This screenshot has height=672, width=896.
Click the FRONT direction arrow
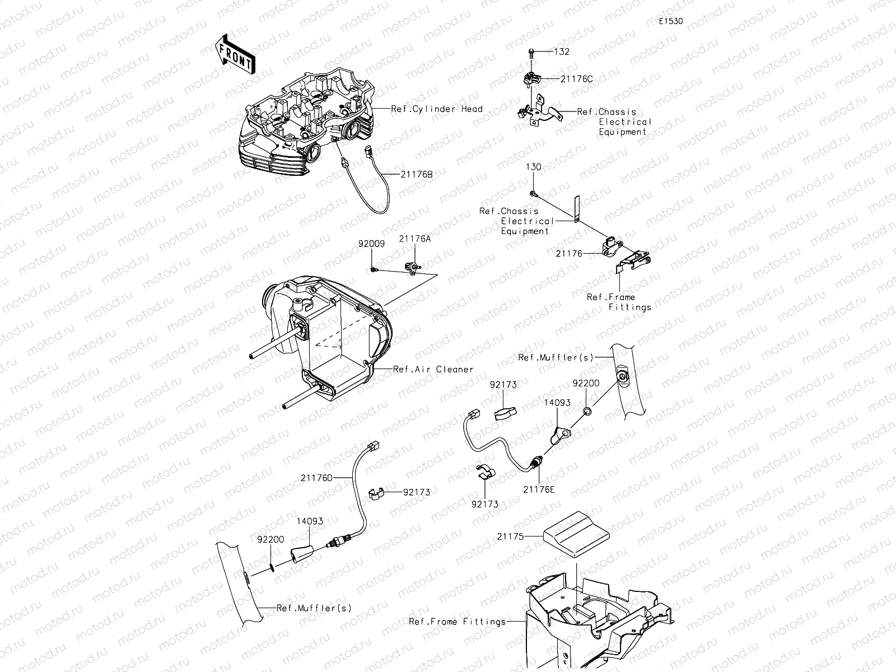click(234, 54)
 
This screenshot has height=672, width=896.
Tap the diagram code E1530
click(671, 21)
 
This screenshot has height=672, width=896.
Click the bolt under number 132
click(531, 53)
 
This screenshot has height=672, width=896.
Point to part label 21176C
click(576, 79)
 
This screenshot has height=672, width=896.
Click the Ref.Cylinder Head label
click(437, 109)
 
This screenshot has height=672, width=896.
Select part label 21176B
click(417, 174)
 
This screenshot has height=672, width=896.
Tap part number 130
click(533, 167)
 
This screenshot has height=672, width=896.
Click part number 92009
click(372, 244)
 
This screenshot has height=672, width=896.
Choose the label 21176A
click(415, 238)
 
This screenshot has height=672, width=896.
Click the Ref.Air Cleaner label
click(433, 369)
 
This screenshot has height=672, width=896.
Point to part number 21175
click(510, 536)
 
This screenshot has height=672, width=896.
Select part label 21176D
click(316, 477)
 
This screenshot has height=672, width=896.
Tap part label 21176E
click(539, 489)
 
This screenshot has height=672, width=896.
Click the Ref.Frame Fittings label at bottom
click(457, 621)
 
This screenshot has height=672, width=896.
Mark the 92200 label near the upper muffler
click(586, 384)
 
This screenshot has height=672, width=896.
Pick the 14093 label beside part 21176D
click(310, 521)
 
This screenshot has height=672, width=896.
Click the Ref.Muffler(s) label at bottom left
click(314, 608)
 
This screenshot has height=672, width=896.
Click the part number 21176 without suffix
click(568, 254)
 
